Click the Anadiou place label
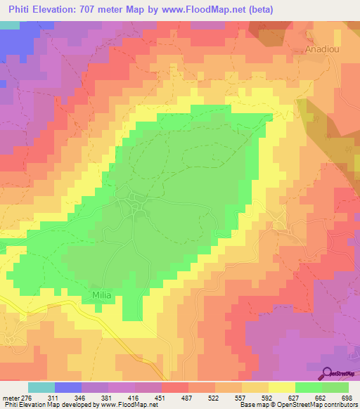click(323, 50)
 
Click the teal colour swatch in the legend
click(41, 387)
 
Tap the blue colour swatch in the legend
click(68, 387)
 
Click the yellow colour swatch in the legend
click(282, 387)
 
